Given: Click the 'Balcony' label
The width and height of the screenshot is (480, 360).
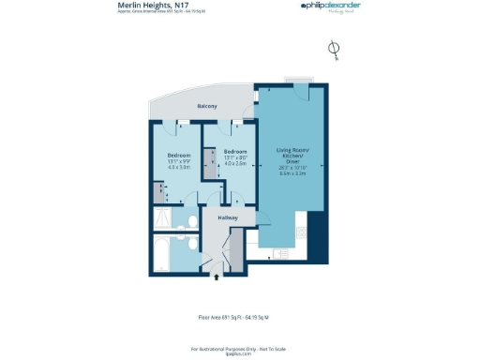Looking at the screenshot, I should coord(206,106).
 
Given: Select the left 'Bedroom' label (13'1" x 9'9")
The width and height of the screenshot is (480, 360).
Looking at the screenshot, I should coord(179,154).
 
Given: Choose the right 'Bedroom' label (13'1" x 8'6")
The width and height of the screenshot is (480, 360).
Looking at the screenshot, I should coord(235,151).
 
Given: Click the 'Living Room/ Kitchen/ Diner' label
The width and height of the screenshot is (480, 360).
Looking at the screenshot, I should coord(289,155).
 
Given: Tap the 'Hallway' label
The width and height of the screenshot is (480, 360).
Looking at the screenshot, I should coord(228,217).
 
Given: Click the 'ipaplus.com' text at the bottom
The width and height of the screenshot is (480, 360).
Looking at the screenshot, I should coord(239,354).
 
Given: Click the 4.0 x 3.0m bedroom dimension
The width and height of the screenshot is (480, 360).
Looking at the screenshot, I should coord(179,167).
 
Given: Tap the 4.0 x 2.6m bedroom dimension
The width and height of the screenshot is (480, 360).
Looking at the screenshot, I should coord(235,164).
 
